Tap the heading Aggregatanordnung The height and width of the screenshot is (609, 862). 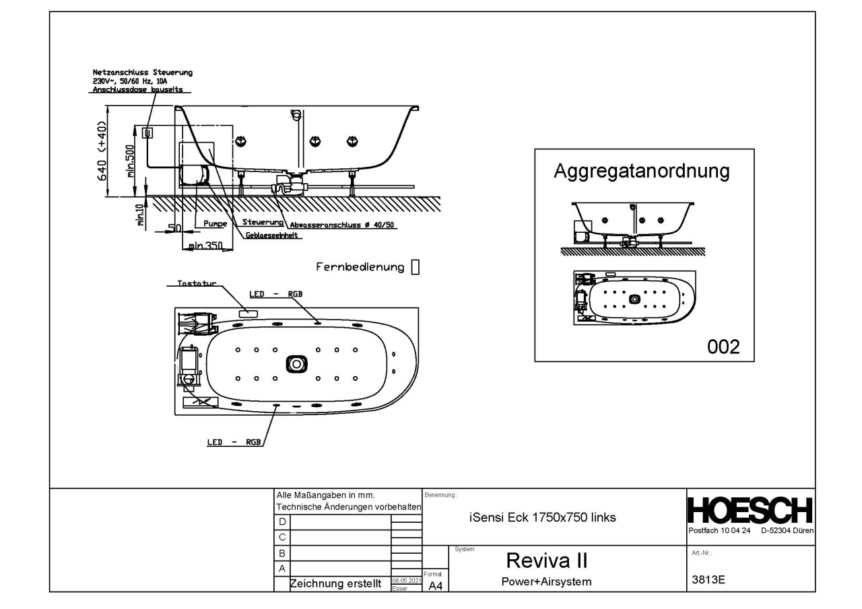(641, 171)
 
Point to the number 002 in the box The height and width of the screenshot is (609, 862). (723, 347)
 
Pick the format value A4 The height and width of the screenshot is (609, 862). (435, 586)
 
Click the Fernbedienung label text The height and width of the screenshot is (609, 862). (360, 267)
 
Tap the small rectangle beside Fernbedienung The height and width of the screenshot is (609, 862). (415, 267)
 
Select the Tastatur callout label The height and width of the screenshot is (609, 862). (197, 284)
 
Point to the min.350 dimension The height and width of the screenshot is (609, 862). (205, 246)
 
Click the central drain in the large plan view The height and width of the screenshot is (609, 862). (296, 363)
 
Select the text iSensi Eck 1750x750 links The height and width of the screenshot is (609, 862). (541, 517)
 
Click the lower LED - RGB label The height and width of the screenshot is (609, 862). (234, 442)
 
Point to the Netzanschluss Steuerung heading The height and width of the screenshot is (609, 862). (143, 72)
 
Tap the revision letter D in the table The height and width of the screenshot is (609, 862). (282, 522)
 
